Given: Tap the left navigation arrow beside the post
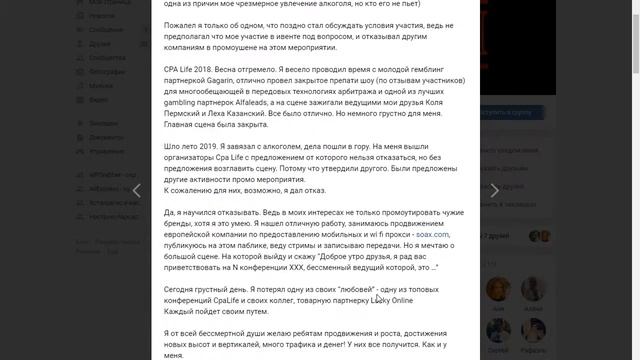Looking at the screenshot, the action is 137,190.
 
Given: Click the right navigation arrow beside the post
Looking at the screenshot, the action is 494,190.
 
